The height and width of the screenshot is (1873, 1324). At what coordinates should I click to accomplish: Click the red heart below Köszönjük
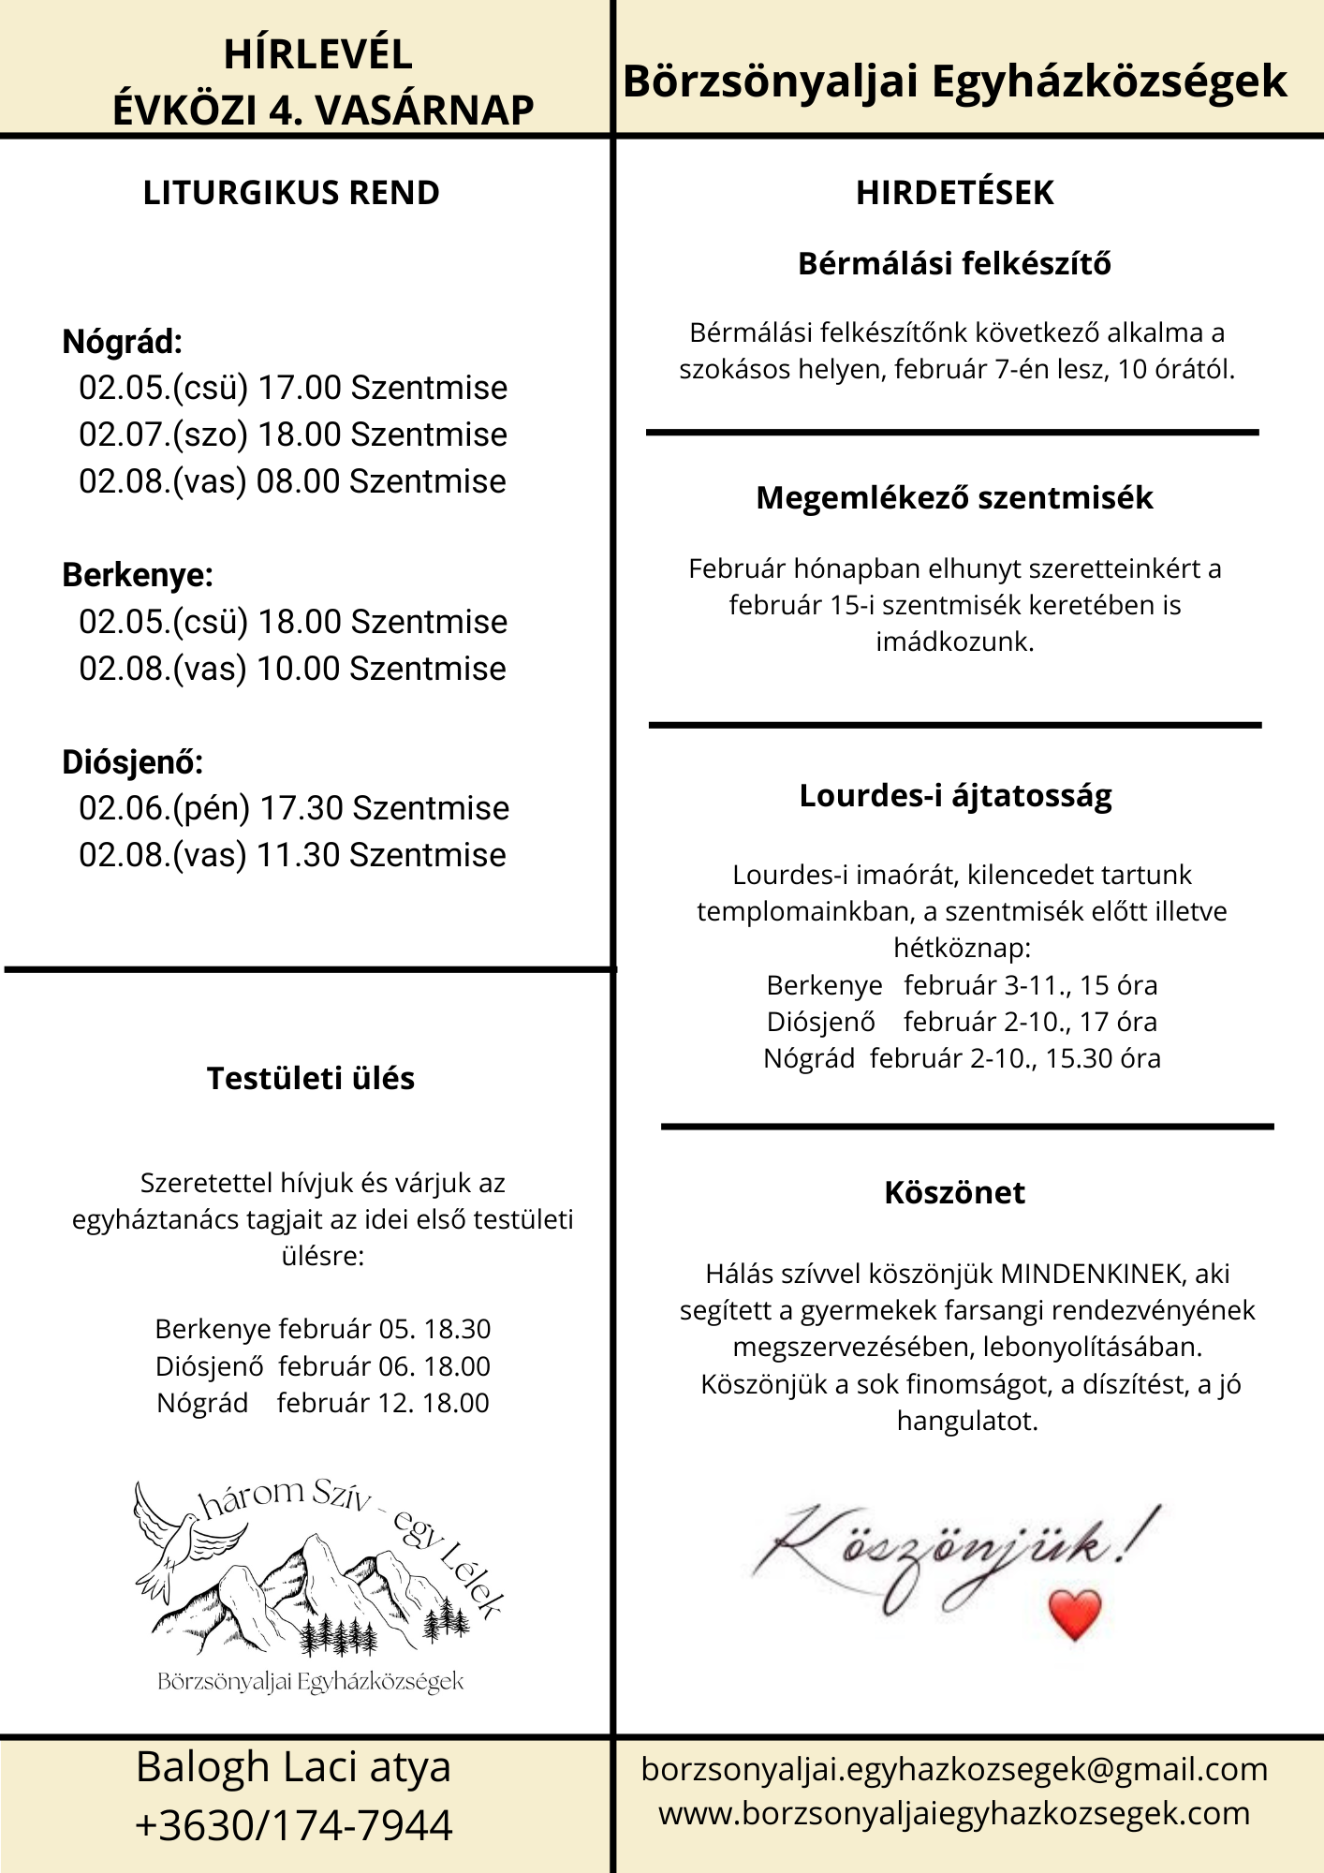click(1075, 1614)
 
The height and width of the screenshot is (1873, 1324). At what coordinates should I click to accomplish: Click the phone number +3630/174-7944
click(294, 1826)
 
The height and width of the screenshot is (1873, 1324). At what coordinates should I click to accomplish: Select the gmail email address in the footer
click(954, 1769)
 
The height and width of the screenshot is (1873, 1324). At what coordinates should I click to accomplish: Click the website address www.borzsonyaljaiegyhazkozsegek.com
click(954, 1813)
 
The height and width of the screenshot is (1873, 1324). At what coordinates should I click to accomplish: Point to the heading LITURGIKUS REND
click(291, 193)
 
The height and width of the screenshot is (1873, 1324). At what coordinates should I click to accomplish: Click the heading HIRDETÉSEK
click(954, 193)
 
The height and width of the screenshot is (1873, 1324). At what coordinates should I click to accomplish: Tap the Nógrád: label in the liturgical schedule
click(122, 342)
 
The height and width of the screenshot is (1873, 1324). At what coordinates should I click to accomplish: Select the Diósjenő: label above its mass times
click(132, 762)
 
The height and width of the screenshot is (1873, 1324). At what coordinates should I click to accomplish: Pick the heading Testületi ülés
click(311, 1079)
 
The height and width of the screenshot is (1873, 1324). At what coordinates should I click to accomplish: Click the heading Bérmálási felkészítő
click(954, 264)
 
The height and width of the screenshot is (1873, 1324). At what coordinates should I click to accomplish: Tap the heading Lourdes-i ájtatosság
click(955, 796)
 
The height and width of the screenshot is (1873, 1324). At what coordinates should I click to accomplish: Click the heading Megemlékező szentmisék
click(954, 498)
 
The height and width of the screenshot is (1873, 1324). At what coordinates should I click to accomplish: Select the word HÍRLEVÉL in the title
click(318, 54)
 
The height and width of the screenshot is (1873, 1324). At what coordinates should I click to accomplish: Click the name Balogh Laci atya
click(294, 1768)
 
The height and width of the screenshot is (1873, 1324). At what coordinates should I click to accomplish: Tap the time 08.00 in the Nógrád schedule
click(298, 481)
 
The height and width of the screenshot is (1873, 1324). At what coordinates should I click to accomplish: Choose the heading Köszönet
click(954, 1193)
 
